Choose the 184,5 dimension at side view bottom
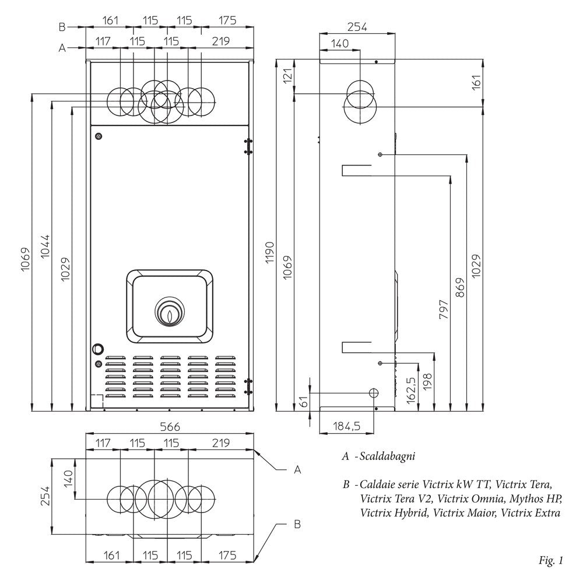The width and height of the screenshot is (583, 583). (x=347, y=426)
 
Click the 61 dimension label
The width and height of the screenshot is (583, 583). (x=303, y=402)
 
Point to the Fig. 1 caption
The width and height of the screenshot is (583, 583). (x=552, y=561)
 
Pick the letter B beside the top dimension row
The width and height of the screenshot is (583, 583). (x=62, y=26)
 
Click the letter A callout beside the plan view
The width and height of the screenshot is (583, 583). (x=297, y=469)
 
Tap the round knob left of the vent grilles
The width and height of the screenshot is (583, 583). (x=97, y=349)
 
